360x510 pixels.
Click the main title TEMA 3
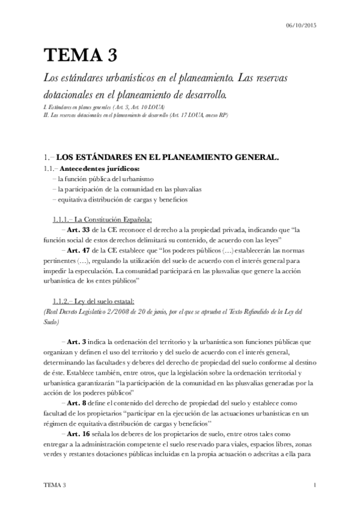click(79, 55)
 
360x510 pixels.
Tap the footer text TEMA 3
click(55, 484)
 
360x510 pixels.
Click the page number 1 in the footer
click(315, 484)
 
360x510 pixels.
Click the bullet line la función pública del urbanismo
click(106, 179)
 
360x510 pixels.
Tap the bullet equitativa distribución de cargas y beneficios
click(124, 199)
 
